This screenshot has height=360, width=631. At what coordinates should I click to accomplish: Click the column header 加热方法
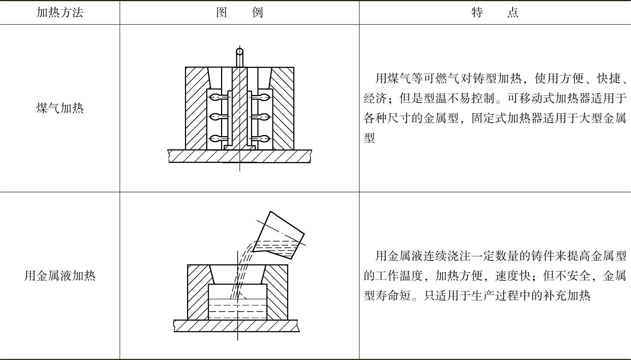click(60, 13)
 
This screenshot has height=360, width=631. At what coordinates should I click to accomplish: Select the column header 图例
click(239, 13)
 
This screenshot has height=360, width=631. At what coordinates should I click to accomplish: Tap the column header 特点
click(495, 13)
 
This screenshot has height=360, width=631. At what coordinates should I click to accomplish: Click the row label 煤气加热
click(60, 108)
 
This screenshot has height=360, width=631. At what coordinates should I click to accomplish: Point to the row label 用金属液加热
click(60, 276)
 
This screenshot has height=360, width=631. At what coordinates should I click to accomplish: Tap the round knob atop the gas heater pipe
click(239, 51)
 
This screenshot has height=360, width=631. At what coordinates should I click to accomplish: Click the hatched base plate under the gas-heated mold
click(239, 156)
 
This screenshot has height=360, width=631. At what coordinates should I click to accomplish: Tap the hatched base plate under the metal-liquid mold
click(237, 325)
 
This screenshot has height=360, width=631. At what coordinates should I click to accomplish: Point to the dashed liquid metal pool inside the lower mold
click(237, 309)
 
